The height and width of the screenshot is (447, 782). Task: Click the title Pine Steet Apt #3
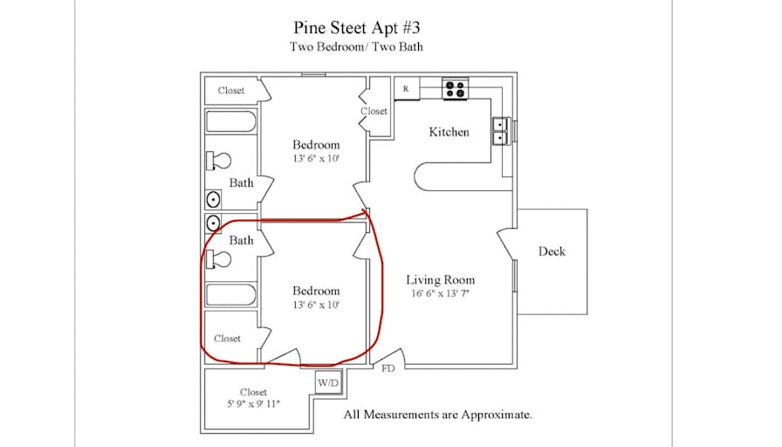coord(357,27)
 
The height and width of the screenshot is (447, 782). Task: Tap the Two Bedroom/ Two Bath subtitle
coord(356,47)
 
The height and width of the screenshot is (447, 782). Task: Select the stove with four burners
coord(456,89)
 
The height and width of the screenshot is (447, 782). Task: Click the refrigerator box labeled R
coord(407,89)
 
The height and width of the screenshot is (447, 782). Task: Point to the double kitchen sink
coord(500,131)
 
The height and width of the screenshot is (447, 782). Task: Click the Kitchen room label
coord(449,132)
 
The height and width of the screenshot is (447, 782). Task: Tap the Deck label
coord(552,251)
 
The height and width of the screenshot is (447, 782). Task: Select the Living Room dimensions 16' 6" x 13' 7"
coord(441,294)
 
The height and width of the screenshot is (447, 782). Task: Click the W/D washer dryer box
coord(329,382)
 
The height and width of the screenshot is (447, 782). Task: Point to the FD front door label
coord(388,368)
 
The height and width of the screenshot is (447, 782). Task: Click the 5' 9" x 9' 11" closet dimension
coord(253,404)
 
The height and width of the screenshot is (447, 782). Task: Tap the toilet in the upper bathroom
coord(218,161)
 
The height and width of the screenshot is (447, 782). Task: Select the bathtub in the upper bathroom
coord(231,121)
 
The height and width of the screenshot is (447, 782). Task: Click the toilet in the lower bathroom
coord(218,259)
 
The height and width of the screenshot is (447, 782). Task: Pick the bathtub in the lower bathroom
coord(231,294)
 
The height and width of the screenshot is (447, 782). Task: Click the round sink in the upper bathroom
coord(213,200)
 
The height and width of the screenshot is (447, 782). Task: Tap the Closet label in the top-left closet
coord(231,91)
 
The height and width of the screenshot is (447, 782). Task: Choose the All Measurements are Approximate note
coord(437,415)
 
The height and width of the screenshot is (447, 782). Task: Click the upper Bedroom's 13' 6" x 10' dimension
coord(316,159)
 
